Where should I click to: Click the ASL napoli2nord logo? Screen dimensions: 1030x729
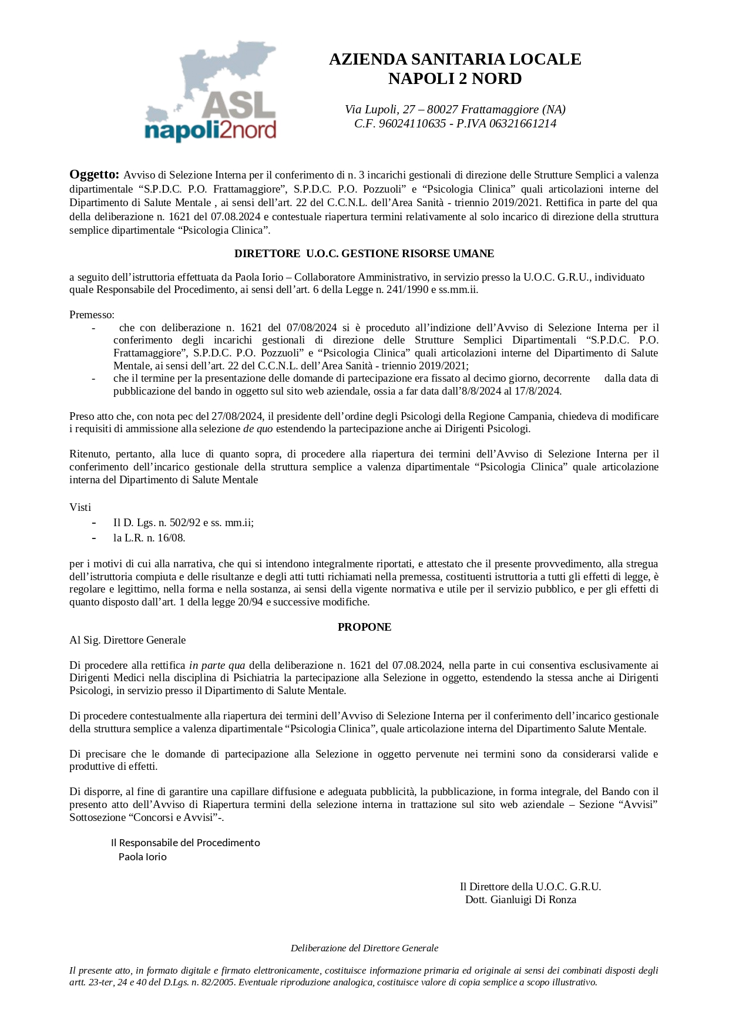coord(210,92)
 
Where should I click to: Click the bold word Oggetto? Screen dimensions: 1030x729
coord(94,174)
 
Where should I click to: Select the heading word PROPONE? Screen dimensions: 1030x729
coord(364,627)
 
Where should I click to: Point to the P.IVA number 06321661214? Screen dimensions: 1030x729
coord(523,124)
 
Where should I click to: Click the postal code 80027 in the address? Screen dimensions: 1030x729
coord(442,110)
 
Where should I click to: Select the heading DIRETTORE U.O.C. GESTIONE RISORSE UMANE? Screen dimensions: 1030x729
coord(364,254)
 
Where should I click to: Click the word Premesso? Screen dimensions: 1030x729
coord(92,315)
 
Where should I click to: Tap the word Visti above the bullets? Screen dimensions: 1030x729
coord(80,507)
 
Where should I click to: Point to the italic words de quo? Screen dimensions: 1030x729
coord(258,429)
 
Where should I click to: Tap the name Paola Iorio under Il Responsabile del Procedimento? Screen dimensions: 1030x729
coord(143,857)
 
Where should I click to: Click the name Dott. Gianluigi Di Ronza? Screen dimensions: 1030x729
coord(520,900)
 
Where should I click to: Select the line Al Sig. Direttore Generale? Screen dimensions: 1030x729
coord(127,640)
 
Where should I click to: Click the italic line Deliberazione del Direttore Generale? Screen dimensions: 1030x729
coord(364,948)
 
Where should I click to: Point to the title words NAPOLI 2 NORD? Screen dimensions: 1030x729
coord(455,79)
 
